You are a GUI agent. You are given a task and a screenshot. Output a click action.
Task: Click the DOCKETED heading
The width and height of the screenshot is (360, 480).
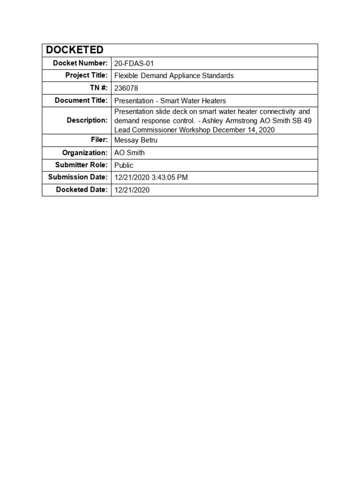(75, 50)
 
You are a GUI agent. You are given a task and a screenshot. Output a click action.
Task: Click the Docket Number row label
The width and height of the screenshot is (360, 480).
(80, 63)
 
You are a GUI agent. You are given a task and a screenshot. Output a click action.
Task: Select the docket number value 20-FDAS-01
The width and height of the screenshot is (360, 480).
(134, 63)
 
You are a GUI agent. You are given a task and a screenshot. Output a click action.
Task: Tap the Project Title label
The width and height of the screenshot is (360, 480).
(87, 75)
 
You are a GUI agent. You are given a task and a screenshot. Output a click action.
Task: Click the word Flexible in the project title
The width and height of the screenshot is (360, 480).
(127, 75)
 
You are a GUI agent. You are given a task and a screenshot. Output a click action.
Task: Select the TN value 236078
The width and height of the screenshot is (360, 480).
(126, 88)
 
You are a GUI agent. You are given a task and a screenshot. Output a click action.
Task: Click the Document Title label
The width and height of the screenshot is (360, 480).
(81, 100)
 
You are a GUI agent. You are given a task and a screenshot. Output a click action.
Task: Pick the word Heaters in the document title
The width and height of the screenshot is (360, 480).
(213, 100)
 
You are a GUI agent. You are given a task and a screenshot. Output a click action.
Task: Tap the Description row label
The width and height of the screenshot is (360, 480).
(87, 120)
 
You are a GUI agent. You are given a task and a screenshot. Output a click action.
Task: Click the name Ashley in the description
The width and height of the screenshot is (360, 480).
(213, 120)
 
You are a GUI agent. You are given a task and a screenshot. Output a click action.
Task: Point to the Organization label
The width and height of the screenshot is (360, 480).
(85, 153)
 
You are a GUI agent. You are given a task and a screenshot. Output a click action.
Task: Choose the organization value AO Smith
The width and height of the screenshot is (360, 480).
(129, 153)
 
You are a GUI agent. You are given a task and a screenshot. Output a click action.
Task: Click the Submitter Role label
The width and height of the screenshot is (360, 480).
(81, 165)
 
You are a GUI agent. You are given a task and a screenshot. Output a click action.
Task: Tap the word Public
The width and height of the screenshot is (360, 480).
(124, 165)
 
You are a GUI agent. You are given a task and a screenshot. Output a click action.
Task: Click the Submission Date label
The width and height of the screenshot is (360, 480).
(78, 177)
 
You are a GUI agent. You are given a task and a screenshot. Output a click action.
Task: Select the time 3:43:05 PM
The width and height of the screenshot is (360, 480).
(170, 177)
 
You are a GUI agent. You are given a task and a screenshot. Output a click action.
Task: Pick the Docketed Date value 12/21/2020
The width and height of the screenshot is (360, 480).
(132, 190)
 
